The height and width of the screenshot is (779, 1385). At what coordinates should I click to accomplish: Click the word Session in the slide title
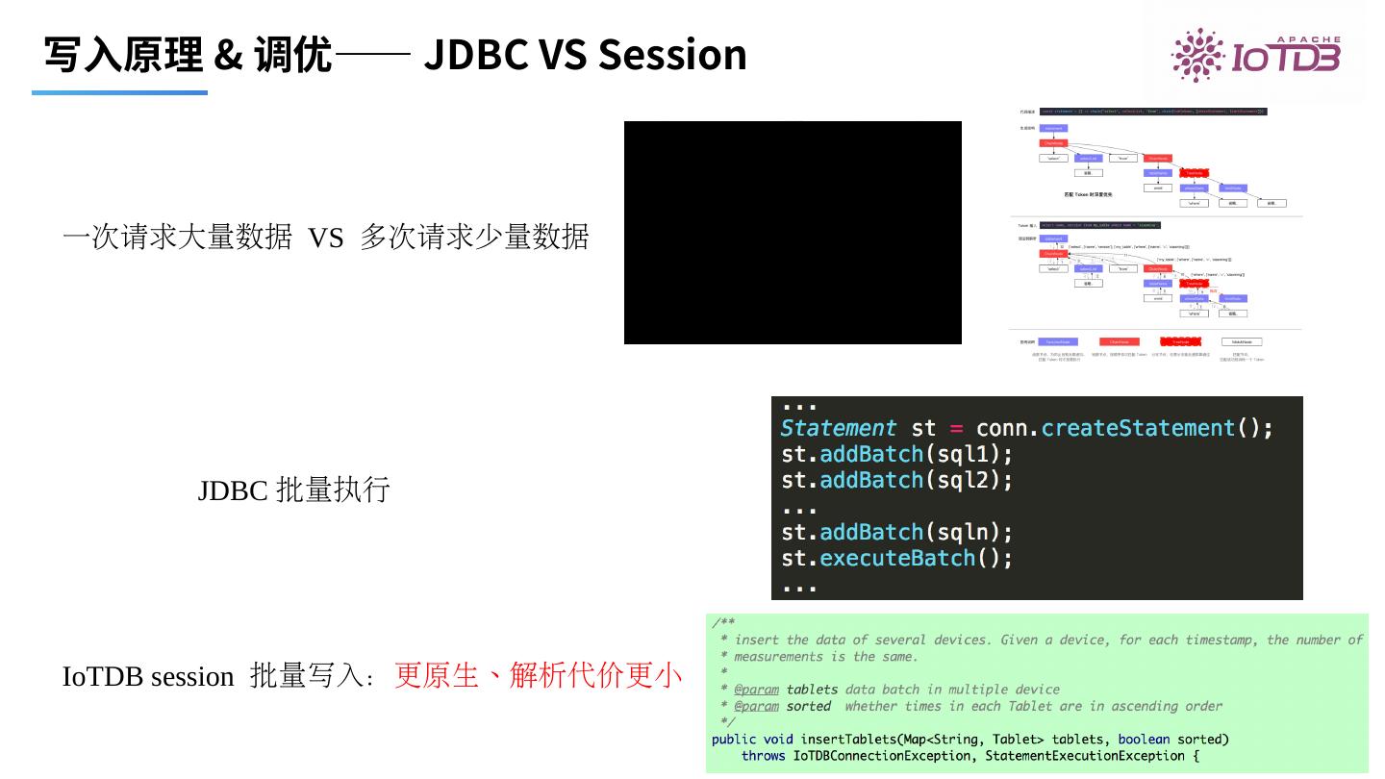[x=672, y=54]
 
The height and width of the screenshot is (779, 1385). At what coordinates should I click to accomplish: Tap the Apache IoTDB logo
[x=1255, y=56]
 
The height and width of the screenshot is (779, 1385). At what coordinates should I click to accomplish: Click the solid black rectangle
[x=793, y=232]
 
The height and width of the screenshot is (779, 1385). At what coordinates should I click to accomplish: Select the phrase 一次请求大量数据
[x=177, y=237]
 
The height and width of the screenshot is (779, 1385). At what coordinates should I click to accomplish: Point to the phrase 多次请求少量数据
[x=474, y=237]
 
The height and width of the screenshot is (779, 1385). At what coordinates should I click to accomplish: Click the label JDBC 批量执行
[x=293, y=490]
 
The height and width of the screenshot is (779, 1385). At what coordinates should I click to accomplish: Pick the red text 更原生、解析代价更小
[x=538, y=676]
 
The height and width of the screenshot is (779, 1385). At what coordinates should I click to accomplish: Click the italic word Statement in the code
[x=838, y=428]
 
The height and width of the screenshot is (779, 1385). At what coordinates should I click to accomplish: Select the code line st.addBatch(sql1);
[x=896, y=454]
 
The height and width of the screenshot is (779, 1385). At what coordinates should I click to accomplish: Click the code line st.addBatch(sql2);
[x=896, y=480]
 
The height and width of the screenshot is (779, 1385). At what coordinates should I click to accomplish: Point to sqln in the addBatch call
[x=963, y=532]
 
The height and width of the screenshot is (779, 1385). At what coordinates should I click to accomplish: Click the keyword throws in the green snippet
[x=763, y=756]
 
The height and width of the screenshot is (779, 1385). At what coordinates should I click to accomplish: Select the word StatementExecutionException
[x=1085, y=756]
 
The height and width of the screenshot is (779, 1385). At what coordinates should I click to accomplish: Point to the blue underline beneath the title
[x=119, y=92]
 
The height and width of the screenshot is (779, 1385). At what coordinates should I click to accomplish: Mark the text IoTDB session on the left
[x=148, y=677]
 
